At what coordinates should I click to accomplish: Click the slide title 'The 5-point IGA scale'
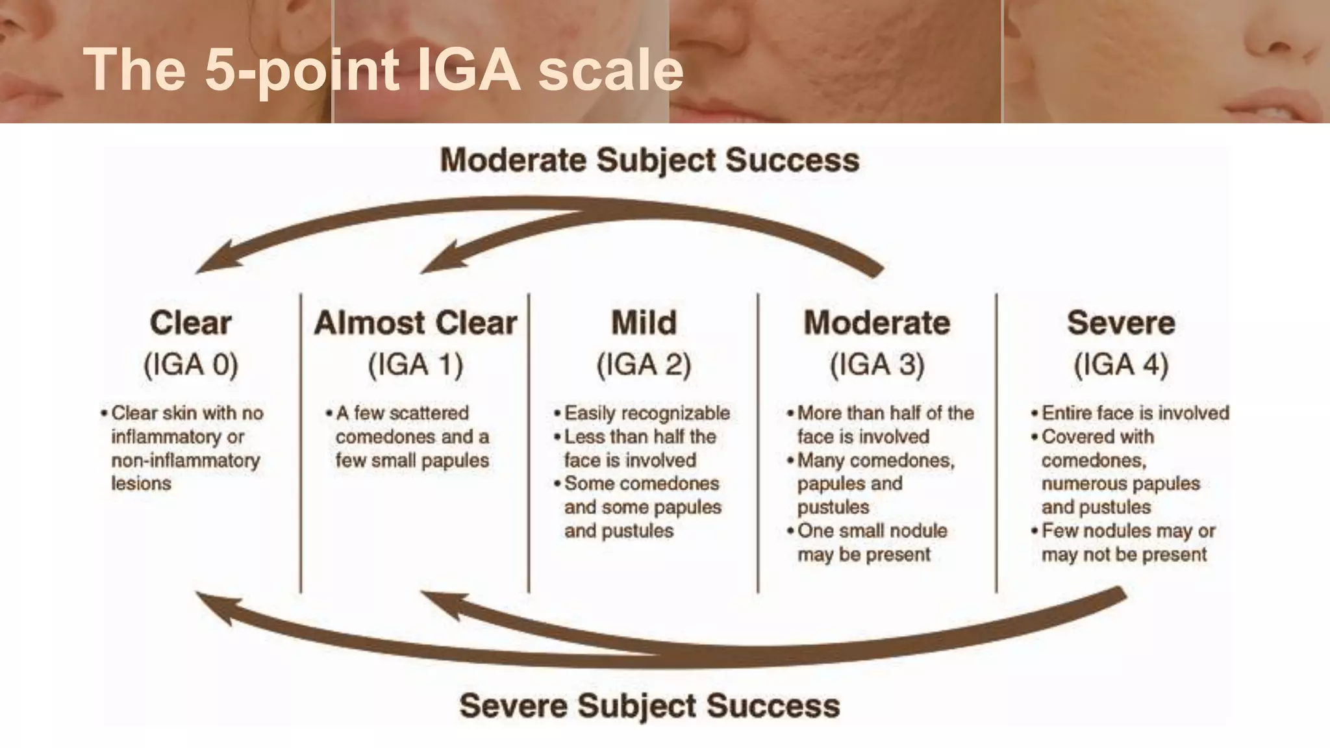tap(383, 69)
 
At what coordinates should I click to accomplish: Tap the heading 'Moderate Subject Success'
tap(649, 160)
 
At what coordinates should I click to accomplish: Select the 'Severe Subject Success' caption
tap(649, 706)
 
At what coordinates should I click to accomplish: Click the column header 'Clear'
tap(190, 323)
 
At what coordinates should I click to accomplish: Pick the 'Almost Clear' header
tap(416, 323)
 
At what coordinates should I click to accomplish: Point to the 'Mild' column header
tap(644, 323)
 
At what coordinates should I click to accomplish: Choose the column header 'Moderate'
tap(877, 323)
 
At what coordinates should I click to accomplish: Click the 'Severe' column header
tap(1121, 323)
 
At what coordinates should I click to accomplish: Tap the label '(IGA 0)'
tap(190, 364)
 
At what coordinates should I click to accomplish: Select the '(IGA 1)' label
tap(416, 364)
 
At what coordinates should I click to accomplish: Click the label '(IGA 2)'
tap(644, 364)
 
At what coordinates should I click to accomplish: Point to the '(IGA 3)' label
tap(877, 364)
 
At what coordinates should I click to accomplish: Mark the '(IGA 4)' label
tap(1121, 364)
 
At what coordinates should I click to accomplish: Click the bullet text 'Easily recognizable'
tap(647, 413)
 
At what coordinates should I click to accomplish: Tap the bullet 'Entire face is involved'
tap(1135, 413)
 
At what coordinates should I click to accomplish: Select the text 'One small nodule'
tap(872, 530)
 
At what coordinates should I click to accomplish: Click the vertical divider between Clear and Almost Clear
tap(301, 442)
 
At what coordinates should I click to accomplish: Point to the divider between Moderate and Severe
tap(996, 442)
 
